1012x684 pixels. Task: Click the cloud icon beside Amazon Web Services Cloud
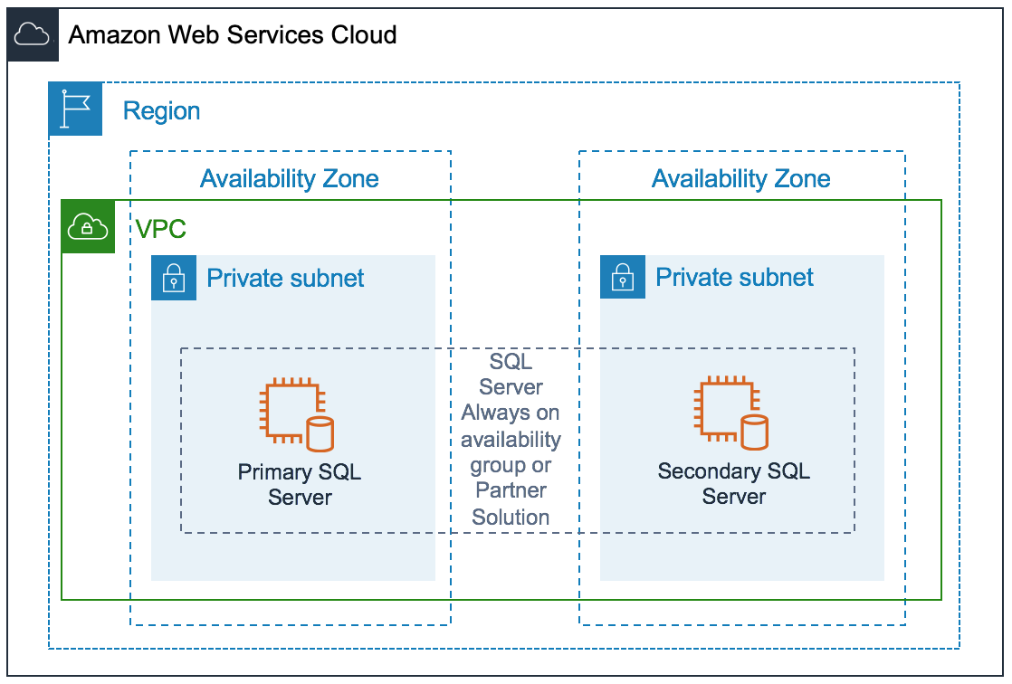click(x=33, y=36)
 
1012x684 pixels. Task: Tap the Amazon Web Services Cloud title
click(x=233, y=35)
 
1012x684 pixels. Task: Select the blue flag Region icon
click(x=75, y=109)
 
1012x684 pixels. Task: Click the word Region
click(x=161, y=111)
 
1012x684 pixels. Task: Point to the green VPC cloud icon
click(x=88, y=226)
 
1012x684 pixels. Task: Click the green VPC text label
click(x=161, y=229)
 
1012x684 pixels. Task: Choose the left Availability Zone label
click(x=290, y=178)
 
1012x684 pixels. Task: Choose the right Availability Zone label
click(x=740, y=178)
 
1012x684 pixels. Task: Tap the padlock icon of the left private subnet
click(x=173, y=277)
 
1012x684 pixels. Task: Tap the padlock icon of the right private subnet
click(x=622, y=277)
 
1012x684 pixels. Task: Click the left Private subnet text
click(x=285, y=278)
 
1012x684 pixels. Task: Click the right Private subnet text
click(x=734, y=278)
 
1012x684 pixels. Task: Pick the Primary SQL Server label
click(x=300, y=484)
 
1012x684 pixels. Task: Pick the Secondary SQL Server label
click(x=734, y=484)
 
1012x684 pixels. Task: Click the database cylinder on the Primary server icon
click(x=320, y=433)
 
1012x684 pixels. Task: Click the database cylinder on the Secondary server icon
click(x=754, y=432)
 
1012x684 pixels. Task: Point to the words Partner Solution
click(x=511, y=504)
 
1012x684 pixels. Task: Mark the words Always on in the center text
click(x=511, y=413)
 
